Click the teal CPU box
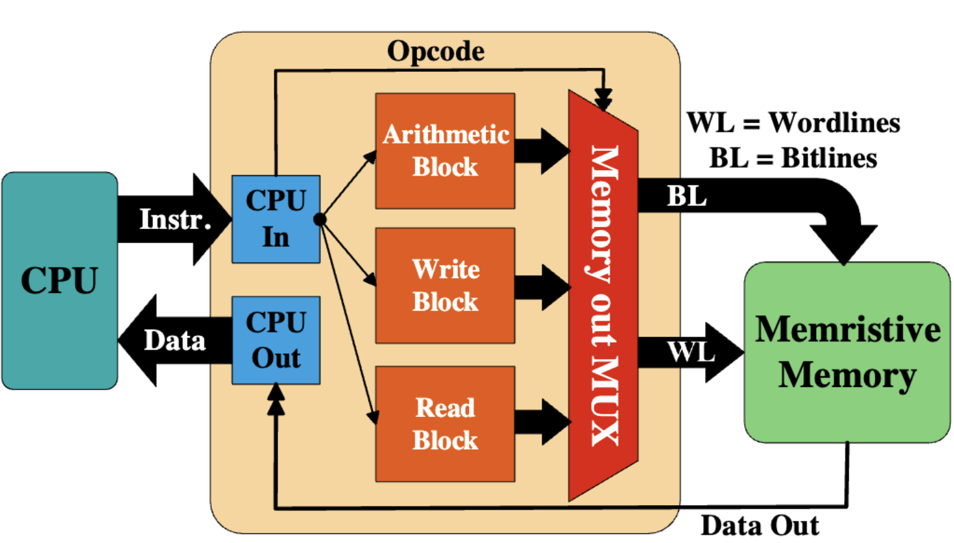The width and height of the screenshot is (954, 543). [x=59, y=281]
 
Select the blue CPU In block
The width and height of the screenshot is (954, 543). [x=276, y=219]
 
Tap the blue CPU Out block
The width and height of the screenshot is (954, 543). [x=276, y=340]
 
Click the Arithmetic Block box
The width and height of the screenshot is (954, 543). [x=445, y=151]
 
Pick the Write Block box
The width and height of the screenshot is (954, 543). [x=445, y=285]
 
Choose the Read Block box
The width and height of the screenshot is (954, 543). [x=445, y=424]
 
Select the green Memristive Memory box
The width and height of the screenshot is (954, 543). [x=847, y=352]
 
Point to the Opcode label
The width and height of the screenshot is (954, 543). [x=436, y=52]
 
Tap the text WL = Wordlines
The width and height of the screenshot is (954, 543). [x=793, y=123]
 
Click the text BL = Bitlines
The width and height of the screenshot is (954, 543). [x=793, y=158]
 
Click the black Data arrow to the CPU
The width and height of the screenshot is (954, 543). [x=173, y=340]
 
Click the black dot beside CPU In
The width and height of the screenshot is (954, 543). [x=320, y=219]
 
